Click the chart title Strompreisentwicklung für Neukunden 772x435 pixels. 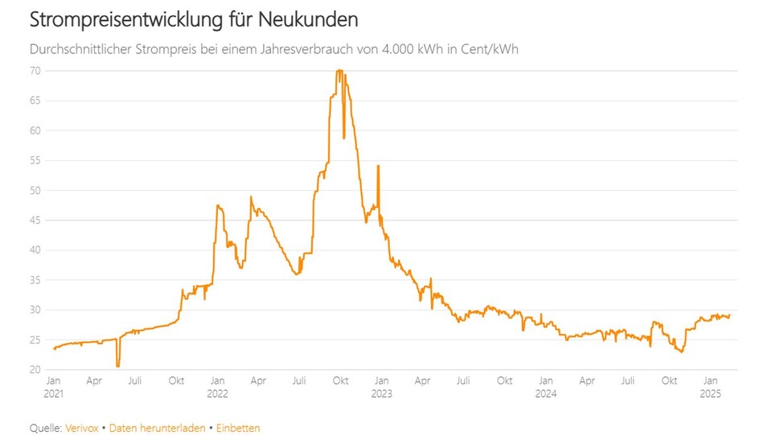pos(194,18)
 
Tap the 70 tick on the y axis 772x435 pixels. pos(37,71)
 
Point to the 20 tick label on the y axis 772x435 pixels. pos(37,370)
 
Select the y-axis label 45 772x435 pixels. pos(37,220)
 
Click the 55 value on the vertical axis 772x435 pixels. pos(37,160)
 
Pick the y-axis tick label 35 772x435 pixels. pos(37,280)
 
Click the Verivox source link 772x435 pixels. pos(81,429)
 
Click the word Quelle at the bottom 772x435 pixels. pos(44,429)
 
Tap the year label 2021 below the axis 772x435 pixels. pos(53,394)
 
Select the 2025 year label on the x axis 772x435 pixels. pos(711,394)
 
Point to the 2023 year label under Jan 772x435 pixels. pos(382,394)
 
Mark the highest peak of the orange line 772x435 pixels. pos(339,71)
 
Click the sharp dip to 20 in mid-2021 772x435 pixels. pos(117,367)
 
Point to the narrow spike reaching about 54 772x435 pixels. pos(378,167)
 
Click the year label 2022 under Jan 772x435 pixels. pos(217,394)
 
